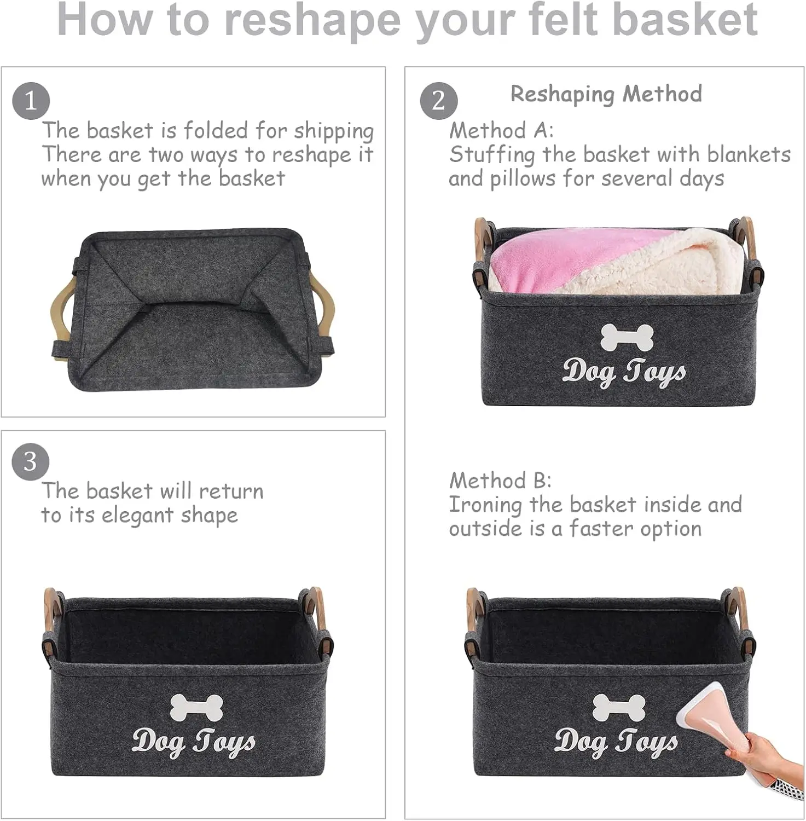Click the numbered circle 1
click(31, 101)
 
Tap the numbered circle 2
click(439, 101)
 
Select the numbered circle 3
click(31, 462)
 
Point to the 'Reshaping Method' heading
click(606, 94)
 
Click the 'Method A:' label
click(501, 131)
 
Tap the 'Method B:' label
click(500, 481)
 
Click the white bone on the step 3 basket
click(196, 707)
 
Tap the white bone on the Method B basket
click(619, 707)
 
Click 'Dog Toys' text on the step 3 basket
click(194, 742)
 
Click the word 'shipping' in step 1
click(334, 132)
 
